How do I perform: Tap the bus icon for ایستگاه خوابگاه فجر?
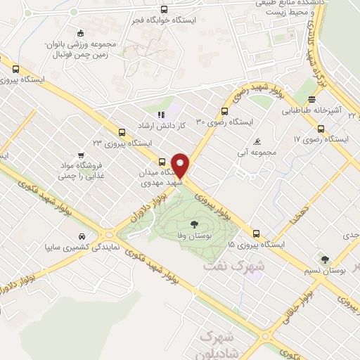[x=164, y=9]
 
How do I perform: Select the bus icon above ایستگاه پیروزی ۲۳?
[x=122, y=132]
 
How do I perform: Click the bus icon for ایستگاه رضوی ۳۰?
[x=224, y=111]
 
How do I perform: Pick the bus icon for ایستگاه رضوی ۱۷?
[x=321, y=129]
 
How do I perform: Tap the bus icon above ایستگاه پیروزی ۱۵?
[x=255, y=234]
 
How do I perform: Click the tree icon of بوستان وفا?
[x=193, y=225]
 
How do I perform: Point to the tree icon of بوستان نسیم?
[x=324, y=260]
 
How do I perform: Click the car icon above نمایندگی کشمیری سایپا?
[x=82, y=236]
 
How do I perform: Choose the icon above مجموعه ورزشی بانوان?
[x=80, y=32]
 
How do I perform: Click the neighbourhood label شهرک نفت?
[x=233, y=266]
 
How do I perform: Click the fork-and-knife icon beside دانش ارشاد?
[x=160, y=115]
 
